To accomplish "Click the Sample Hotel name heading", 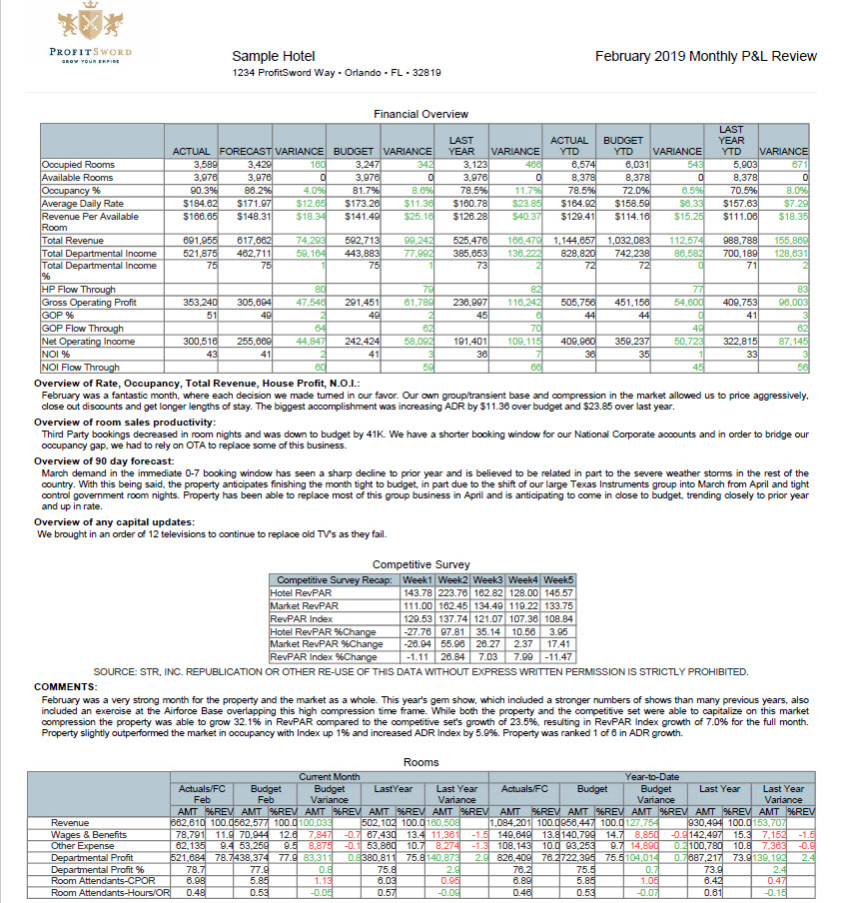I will pyautogui.click(x=273, y=57).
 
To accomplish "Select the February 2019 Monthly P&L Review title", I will pyautogui.click(x=705, y=57).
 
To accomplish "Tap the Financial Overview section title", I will pyautogui.click(x=420, y=114).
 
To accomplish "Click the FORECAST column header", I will pyautogui.click(x=244, y=151).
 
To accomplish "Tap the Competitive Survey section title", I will pyautogui.click(x=420, y=564).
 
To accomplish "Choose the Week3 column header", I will pyautogui.click(x=486, y=580).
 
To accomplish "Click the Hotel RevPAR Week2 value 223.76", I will pyautogui.click(x=452, y=592).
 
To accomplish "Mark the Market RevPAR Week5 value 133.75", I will pyautogui.click(x=558, y=605).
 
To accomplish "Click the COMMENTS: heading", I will pyautogui.click(x=66, y=687).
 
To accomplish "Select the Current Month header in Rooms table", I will pyautogui.click(x=330, y=776).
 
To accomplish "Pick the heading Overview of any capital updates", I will pyautogui.click(x=114, y=522).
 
